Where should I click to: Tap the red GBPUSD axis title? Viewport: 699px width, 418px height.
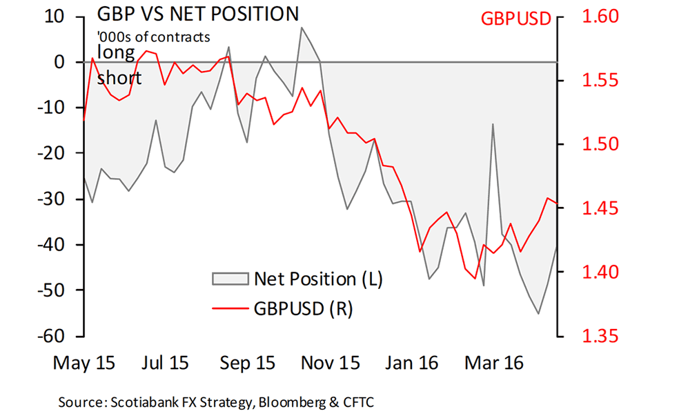516,19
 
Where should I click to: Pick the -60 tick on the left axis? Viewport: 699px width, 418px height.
54,336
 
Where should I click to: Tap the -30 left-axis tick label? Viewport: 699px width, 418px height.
54,199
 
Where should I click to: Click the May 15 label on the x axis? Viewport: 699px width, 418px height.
85,363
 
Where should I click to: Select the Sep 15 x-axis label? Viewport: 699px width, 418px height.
246,363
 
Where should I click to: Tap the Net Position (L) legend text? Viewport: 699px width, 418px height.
318,279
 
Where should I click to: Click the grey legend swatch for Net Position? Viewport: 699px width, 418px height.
229,279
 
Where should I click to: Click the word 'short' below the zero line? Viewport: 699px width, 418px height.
119,78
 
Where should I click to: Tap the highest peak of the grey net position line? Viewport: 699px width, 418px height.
302,28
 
